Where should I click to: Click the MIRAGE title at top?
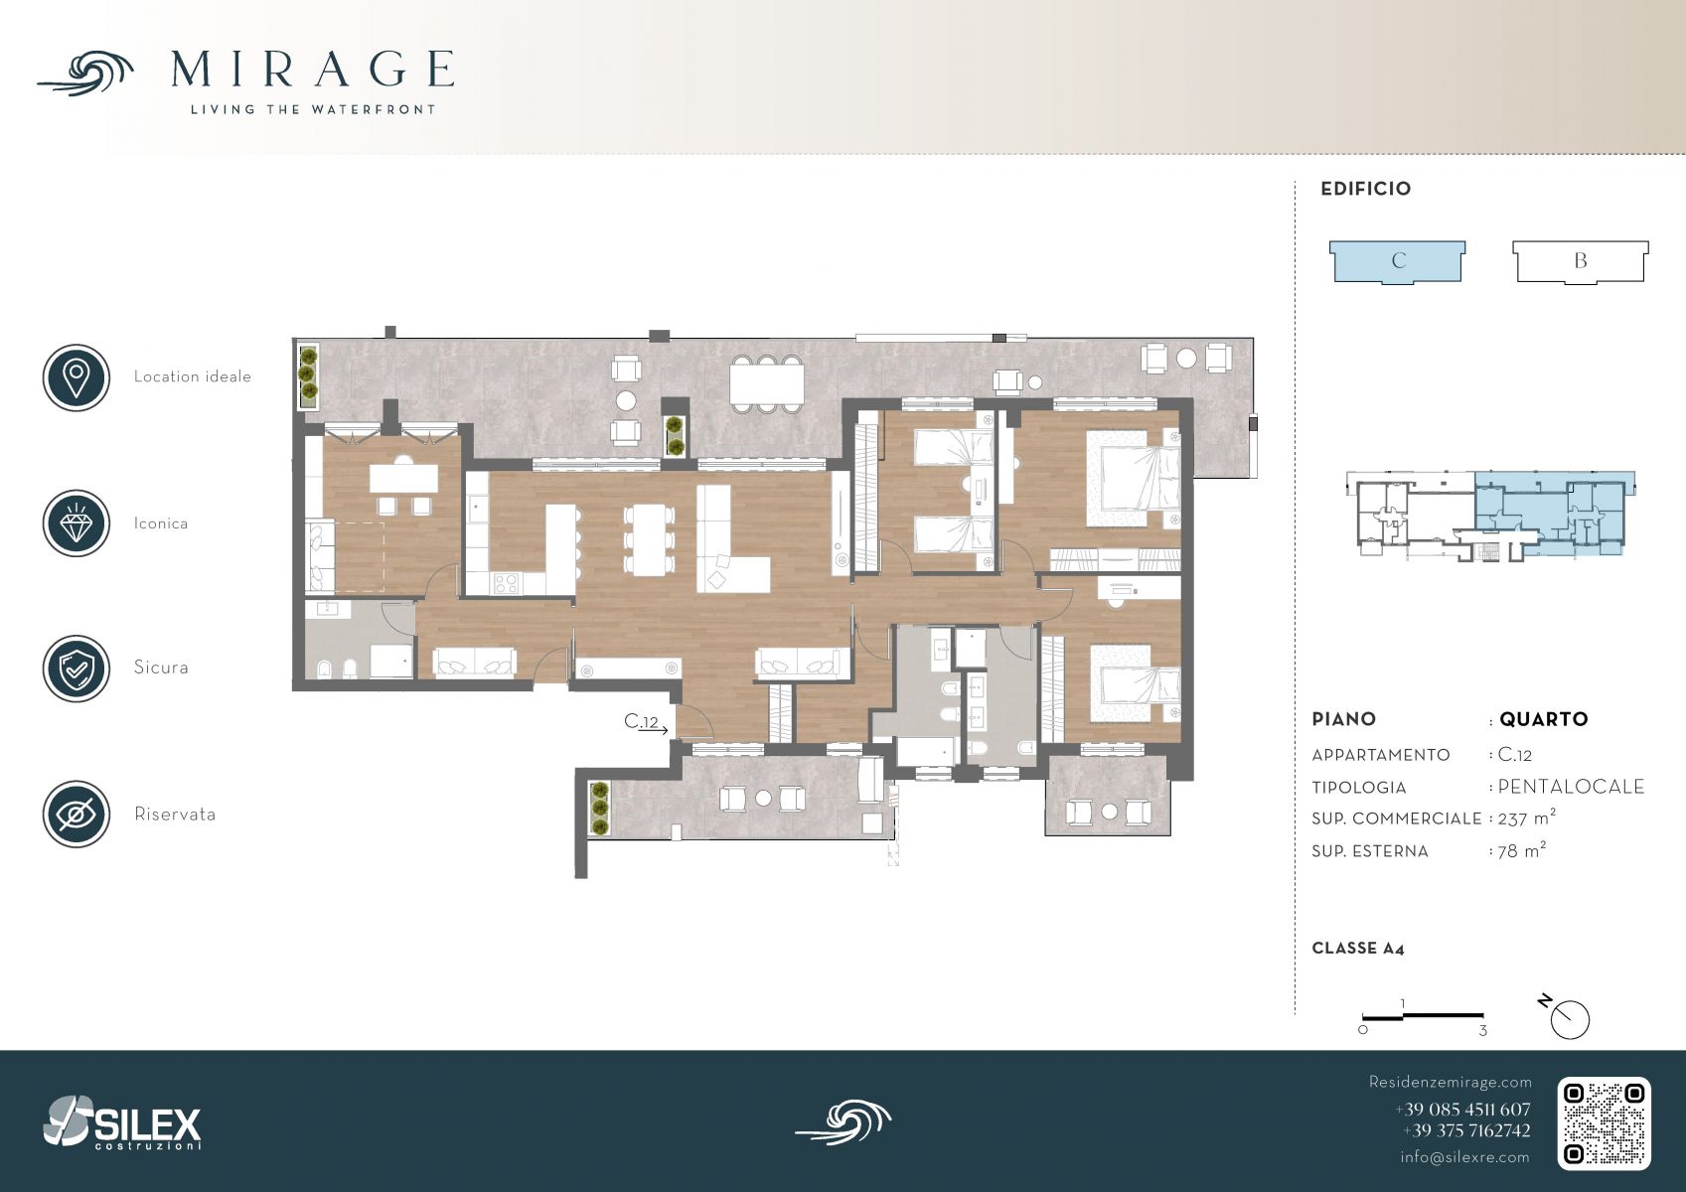pyautogui.click(x=312, y=69)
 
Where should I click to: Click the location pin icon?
pyautogui.click(x=77, y=377)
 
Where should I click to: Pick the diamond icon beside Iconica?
pyautogui.click(x=77, y=523)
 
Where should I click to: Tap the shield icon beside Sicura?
pyautogui.click(x=77, y=669)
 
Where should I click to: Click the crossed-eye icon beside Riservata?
pyautogui.click(x=77, y=815)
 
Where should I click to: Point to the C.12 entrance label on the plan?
pyautogui.click(x=641, y=722)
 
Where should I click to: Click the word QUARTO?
pyautogui.click(x=1544, y=719)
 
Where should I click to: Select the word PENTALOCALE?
pyautogui.click(x=1571, y=787)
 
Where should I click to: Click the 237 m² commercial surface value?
pyautogui.click(x=1526, y=818)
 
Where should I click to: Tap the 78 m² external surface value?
pyautogui.click(x=1521, y=851)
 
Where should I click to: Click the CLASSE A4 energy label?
pyautogui.click(x=1358, y=949)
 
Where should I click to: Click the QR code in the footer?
pyautogui.click(x=1604, y=1123)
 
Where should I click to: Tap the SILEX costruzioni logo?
pyautogui.click(x=122, y=1122)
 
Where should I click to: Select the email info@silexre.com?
pyautogui.click(x=1464, y=1157)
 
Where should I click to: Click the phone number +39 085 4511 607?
pyautogui.click(x=1462, y=1110)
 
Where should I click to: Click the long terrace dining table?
pyautogui.click(x=766, y=383)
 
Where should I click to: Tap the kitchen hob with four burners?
pyautogui.click(x=505, y=583)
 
